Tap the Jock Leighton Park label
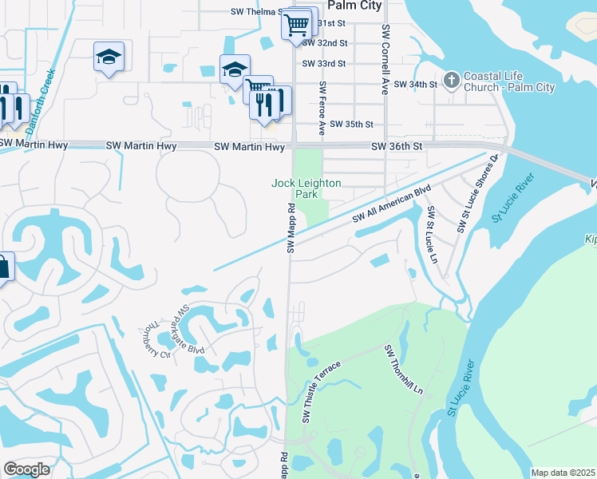(x=306, y=188)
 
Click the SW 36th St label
(x=397, y=147)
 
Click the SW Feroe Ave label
(x=323, y=107)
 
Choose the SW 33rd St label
(x=324, y=63)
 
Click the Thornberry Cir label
(x=156, y=342)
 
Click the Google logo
(x=26, y=469)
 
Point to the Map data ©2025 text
(x=563, y=473)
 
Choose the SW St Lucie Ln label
(x=433, y=227)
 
